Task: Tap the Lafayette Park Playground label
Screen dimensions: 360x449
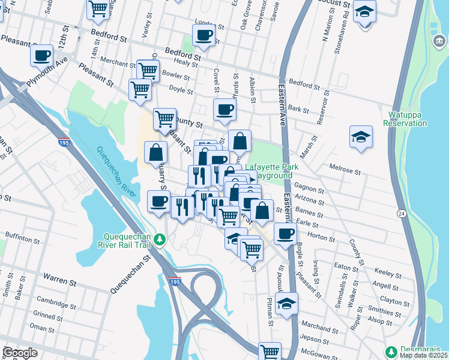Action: tap(268, 171)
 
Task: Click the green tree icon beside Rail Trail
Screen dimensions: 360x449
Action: tap(159, 240)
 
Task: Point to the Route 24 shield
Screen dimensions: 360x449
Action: tap(401, 214)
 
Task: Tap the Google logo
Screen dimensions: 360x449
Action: tap(20, 353)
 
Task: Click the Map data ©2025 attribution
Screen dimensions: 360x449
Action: tap(423, 355)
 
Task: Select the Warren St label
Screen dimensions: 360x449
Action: tap(58, 277)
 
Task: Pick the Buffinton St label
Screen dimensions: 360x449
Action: tap(22, 238)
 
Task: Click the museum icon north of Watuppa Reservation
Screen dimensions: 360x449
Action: tap(439, 41)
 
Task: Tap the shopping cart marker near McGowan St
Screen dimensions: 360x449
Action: tap(270, 351)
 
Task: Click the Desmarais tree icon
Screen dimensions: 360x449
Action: tap(391, 350)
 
